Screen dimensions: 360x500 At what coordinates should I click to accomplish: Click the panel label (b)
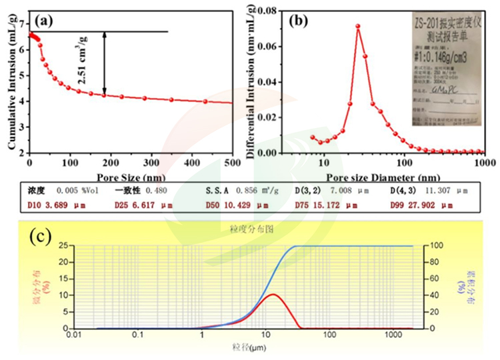click(x=299, y=20)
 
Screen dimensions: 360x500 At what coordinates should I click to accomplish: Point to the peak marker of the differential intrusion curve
click(x=358, y=27)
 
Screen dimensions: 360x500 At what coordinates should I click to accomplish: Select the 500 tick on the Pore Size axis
click(x=231, y=163)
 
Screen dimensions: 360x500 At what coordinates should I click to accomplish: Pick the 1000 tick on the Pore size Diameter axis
click(x=483, y=162)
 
